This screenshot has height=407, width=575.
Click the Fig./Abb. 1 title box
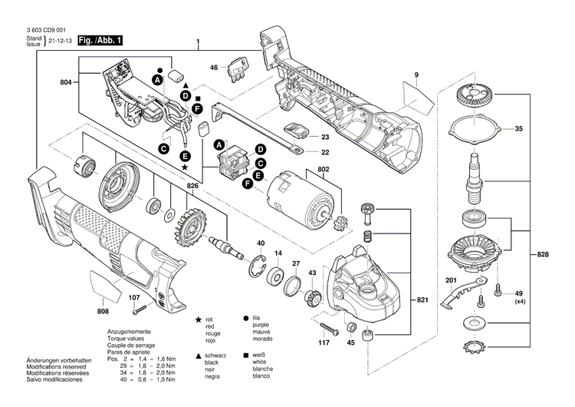96,39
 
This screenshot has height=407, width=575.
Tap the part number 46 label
214,67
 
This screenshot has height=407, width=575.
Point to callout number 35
518,128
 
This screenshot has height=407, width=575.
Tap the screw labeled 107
139,309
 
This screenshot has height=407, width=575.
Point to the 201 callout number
450,280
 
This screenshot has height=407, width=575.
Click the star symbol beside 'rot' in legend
199,318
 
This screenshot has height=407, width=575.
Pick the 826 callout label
194,186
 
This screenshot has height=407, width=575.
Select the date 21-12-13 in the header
64,41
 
